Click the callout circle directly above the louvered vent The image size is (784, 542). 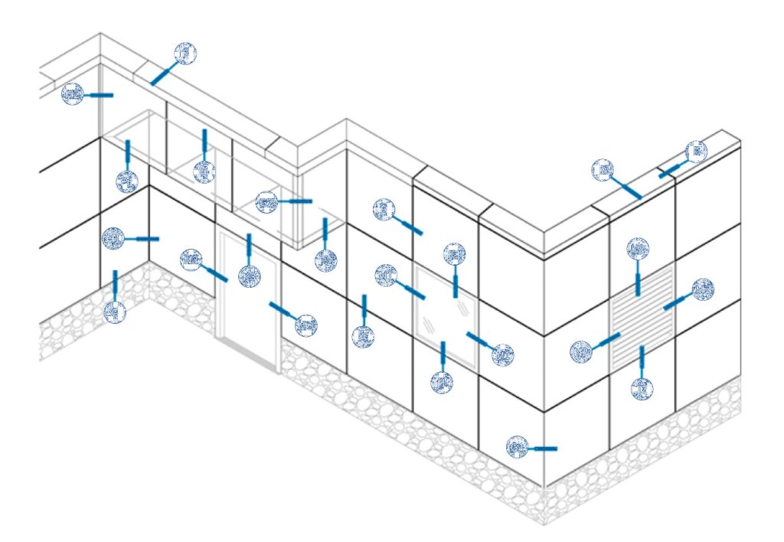[x=638, y=250]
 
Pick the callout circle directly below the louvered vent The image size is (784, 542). [x=643, y=388]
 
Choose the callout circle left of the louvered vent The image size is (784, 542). [x=582, y=351]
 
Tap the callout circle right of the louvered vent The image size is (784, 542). [x=703, y=289]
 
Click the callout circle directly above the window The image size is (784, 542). [x=454, y=254]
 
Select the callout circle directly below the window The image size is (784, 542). [x=442, y=382]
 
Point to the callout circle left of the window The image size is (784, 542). [x=386, y=276]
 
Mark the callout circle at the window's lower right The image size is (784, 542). [x=502, y=354]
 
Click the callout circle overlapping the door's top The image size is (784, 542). [x=250, y=275]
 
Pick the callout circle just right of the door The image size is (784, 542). [x=305, y=325]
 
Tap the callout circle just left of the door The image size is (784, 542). [x=191, y=260]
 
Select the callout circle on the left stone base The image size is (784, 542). [x=115, y=312]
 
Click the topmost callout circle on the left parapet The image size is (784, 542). [x=185, y=54]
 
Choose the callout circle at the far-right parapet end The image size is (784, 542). [x=696, y=152]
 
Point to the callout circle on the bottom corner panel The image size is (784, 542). [x=518, y=447]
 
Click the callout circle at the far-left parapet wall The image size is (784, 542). [x=73, y=94]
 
